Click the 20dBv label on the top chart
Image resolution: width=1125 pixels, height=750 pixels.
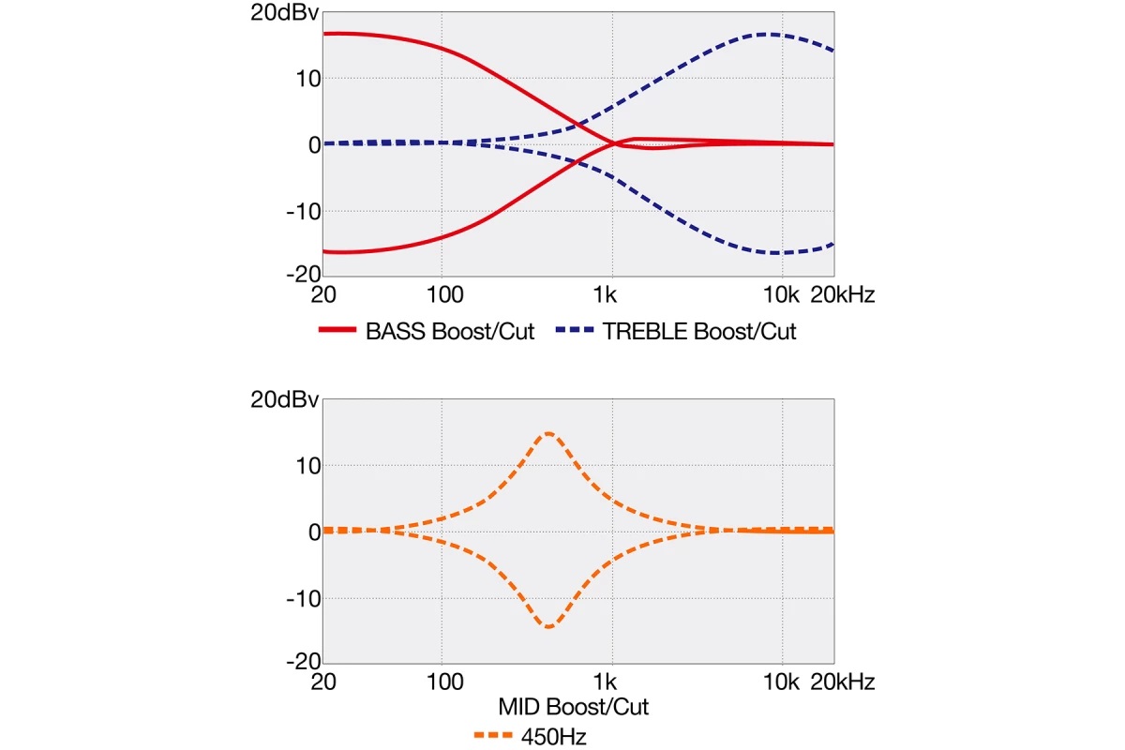click(284, 14)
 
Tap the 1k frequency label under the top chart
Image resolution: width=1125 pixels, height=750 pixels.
click(606, 296)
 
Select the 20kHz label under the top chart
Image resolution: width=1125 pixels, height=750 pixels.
click(842, 296)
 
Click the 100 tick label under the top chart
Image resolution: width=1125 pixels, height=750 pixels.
click(443, 296)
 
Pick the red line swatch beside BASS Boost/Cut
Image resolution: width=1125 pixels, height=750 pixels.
click(337, 331)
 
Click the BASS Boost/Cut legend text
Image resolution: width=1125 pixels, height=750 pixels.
click(450, 332)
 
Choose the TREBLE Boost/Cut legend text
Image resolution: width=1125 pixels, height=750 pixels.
click(699, 332)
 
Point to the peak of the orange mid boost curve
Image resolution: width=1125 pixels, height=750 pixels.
click(548, 433)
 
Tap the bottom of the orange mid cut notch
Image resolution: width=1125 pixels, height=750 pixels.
click(548, 627)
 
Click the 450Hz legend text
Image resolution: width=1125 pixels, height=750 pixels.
click(554, 737)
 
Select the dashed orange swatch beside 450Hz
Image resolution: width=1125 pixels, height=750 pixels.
click(495, 736)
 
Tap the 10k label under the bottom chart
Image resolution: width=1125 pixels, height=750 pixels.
click(781, 682)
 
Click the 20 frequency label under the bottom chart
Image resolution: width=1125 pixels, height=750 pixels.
click(322, 682)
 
